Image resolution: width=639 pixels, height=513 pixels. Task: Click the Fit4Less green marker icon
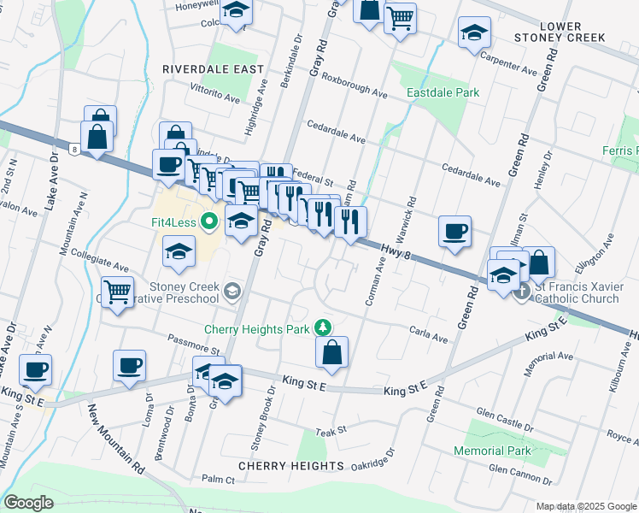pos(210,223)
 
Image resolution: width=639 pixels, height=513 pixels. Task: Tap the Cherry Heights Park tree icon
pos(322,327)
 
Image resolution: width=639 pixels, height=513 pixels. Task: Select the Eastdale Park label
pos(443,92)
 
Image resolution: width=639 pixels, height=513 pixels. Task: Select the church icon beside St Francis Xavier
pos(523,290)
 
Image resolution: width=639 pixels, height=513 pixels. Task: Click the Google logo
pos(29,502)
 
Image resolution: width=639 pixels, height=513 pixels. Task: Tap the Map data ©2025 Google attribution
pos(585,506)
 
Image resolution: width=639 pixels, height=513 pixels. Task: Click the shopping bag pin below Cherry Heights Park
pos(331,351)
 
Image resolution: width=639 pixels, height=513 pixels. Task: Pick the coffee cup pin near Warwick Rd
pos(454,231)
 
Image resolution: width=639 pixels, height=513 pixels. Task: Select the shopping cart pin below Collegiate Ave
pos(117,292)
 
